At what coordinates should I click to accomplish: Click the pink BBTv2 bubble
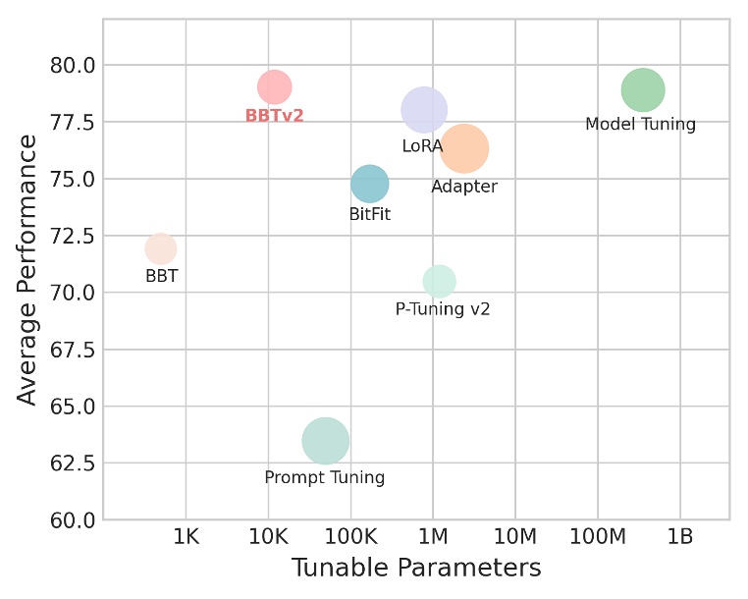click(x=275, y=86)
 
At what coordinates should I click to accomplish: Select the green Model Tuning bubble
click(x=643, y=90)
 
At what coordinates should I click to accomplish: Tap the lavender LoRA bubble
click(x=424, y=110)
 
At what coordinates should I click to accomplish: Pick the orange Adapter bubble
click(x=464, y=149)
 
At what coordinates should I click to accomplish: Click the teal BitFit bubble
click(x=369, y=184)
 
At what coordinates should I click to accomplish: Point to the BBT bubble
click(x=161, y=248)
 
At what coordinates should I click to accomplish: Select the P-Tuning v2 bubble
click(x=439, y=281)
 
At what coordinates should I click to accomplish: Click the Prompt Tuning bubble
click(x=325, y=441)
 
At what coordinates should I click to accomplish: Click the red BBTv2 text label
click(x=274, y=116)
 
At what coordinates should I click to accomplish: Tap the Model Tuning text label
click(x=640, y=125)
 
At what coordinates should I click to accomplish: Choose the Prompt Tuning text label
click(x=325, y=478)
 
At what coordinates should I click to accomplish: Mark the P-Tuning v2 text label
click(x=443, y=309)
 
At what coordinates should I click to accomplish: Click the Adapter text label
click(x=464, y=187)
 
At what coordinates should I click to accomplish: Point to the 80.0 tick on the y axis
click(x=74, y=66)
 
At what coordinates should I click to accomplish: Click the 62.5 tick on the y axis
click(x=74, y=463)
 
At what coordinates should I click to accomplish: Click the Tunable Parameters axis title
click(x=416, y=569)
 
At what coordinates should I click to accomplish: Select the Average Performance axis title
click(x=27, y=270)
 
